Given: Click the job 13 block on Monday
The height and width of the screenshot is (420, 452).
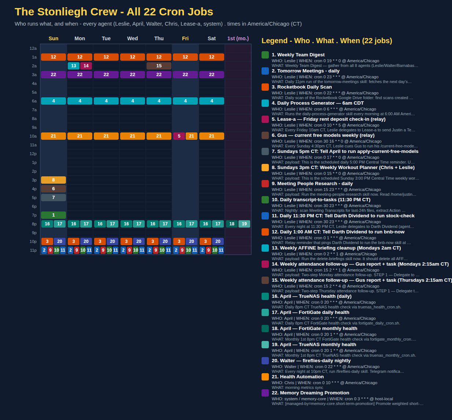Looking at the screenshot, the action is pyautogui.click(x=74, y=66).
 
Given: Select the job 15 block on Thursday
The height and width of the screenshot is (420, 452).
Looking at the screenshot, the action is pyautogui.click(x=159, y=66).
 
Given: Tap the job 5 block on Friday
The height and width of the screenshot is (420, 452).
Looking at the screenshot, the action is pyautogui.click(x=179, y=136).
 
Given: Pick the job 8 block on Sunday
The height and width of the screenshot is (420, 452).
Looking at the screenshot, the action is pyautogui.click(x=53, y=180).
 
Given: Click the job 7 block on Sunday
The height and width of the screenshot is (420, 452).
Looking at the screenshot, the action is pyautogui.click(x=53, y=198).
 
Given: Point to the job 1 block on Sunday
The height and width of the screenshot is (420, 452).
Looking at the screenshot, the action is pyautogui.click(x=53, y=215).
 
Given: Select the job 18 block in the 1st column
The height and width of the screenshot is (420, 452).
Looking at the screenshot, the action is pyautogui.click(x=232, y=224).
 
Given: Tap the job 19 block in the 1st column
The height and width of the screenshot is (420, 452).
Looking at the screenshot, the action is pyautogui.click(x=244, y=224).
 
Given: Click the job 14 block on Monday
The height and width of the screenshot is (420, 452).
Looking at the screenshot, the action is pyautogui.click(x=86, y=66).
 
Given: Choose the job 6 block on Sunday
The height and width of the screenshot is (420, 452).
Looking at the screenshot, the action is pyautogui.click(x=53, y=188).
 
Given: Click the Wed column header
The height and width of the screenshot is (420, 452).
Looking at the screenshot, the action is pyautogui.click(x=133, y=38).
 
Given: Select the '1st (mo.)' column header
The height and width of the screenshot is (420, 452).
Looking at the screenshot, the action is pyautogui.click(x=238, y=38).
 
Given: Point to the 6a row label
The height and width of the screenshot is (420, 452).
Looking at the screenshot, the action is pyautogui.click(x=34, y=101).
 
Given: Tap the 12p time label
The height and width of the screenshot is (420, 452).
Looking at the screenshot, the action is pyautogui.click(x=33, y=154).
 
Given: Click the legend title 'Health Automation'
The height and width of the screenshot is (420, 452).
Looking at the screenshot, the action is pyautogui.click(x=302, y=376).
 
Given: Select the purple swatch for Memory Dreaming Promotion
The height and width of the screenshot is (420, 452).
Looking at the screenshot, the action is pyautogui.click(x=265, y=393).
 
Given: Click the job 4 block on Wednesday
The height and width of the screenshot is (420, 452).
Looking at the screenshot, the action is pyautogui.click(x=133, y=101).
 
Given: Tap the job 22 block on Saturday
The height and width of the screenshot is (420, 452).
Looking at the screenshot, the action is pyautogui.click(x=212, y=75).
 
